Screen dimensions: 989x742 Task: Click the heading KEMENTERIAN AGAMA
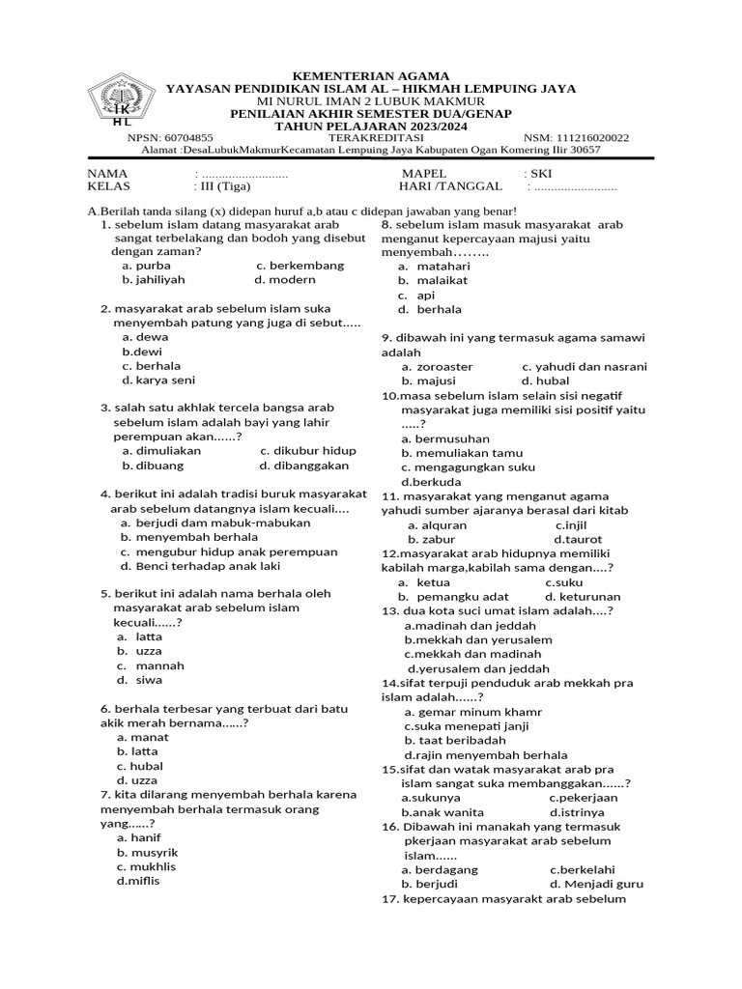[370, 75]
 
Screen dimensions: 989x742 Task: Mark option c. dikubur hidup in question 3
[307, 450]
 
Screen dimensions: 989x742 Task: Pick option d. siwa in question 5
[139, 680]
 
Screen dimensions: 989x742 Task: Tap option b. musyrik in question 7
[148, 853]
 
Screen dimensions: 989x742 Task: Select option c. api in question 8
[416, 295]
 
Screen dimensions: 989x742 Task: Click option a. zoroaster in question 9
[438, 366]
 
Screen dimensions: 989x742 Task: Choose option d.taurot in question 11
[578, 539]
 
